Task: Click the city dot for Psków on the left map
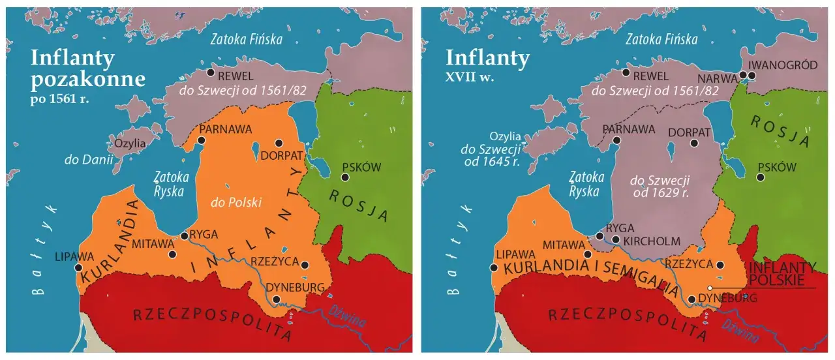[345, 177]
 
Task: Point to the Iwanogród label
[782, 65]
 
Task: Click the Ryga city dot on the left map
[184, 237]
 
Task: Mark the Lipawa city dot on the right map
[494, 267]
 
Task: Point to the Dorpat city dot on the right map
[695, 143]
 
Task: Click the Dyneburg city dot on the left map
[277, 299]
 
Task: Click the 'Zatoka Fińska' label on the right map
[661, 40]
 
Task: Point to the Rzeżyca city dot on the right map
[720, 265]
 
